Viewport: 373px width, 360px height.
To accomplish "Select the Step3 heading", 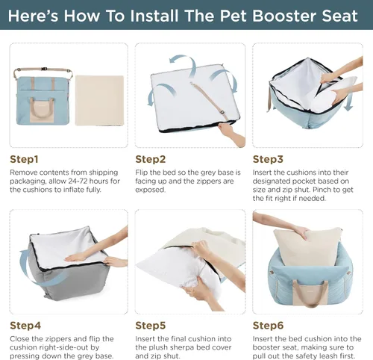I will (x=269, y=159).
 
